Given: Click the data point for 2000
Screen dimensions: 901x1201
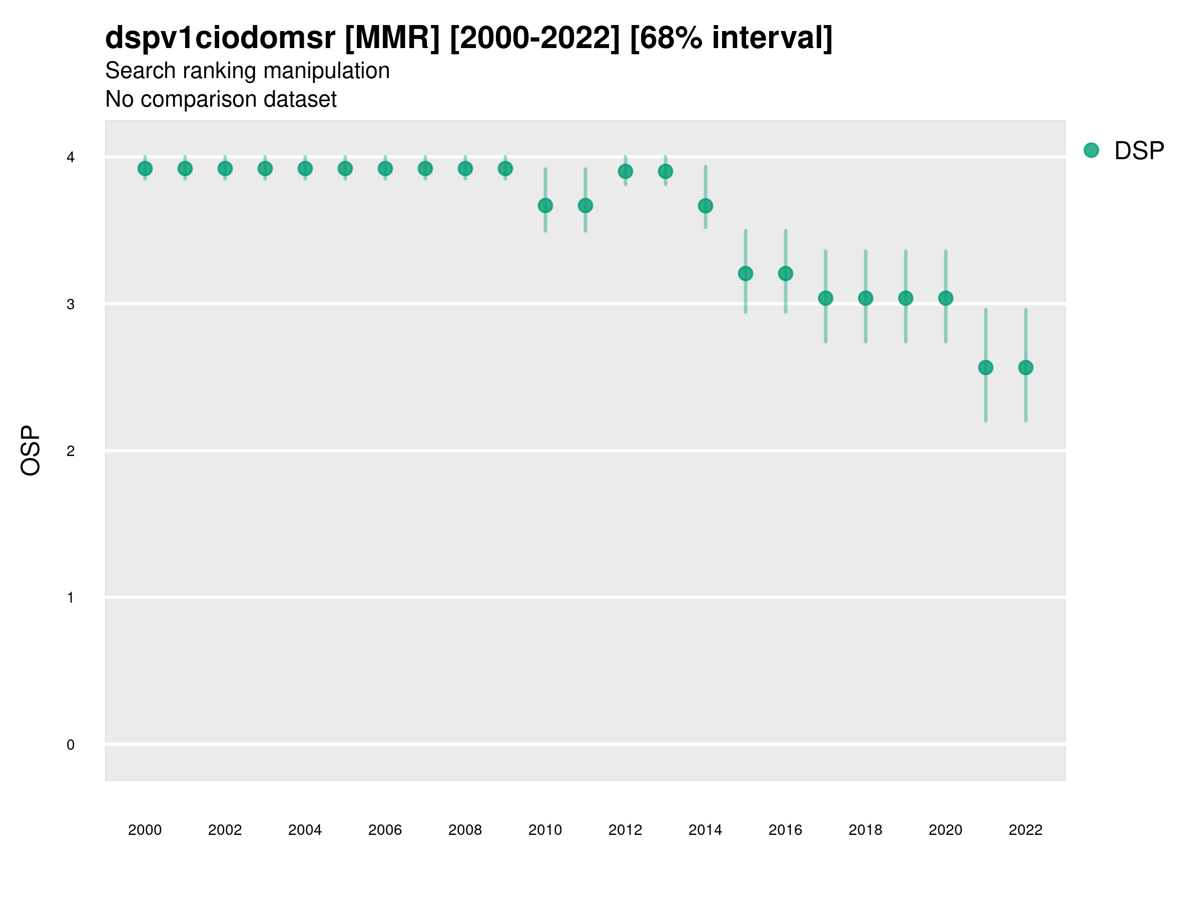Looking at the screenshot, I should (x=145, y=169).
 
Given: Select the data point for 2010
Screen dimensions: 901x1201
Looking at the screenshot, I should (x=545, y=206).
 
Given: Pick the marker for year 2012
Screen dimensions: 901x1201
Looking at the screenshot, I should (x=626, y=172).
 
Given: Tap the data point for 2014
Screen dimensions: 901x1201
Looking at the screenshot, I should (x=705, y=206).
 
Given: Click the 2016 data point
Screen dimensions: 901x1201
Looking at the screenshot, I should (x=786, y=274).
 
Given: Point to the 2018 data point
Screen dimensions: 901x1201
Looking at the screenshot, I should (x=865, y=298).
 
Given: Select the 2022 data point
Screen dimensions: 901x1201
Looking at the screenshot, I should (x=1026, y=368).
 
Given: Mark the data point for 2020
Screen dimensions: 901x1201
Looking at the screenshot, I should (x=946, y=298).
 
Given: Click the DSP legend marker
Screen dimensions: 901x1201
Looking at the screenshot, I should (x=1091, y=151).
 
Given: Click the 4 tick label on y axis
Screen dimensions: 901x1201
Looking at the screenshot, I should (x=71, y=158).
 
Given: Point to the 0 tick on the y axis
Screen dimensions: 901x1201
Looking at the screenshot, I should (x=71, y=745).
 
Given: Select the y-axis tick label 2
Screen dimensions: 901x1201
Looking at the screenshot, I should (x=71, y=451).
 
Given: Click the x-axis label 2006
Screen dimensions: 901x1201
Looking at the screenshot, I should (x=385, y=830).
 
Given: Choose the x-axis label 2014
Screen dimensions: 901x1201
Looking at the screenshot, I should (x=705, y=830).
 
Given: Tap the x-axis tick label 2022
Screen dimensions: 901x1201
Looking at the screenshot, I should (x=1026, y=830).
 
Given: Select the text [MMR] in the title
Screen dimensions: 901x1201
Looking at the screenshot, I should (x=392, y=38).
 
